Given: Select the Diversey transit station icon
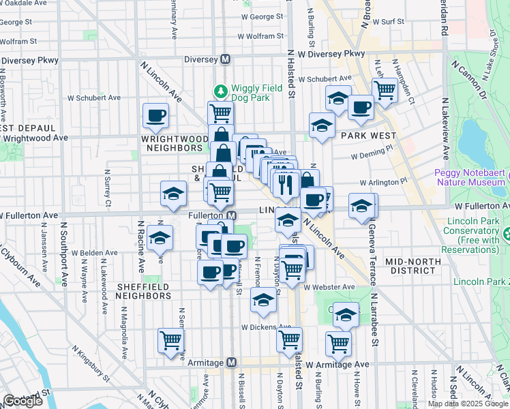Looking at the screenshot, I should point(225,59).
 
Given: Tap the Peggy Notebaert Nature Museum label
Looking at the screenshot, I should point(470,177).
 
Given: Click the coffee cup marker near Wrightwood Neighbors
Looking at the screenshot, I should point(155,115).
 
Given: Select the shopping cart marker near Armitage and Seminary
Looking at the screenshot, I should point(170,340).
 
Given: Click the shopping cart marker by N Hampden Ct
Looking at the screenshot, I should point(385,89).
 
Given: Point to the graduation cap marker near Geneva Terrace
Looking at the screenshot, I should point(361,205).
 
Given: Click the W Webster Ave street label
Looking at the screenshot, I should point(329,288).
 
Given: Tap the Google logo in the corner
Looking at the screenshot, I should point(22,401).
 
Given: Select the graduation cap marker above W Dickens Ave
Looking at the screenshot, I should point(263,299).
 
